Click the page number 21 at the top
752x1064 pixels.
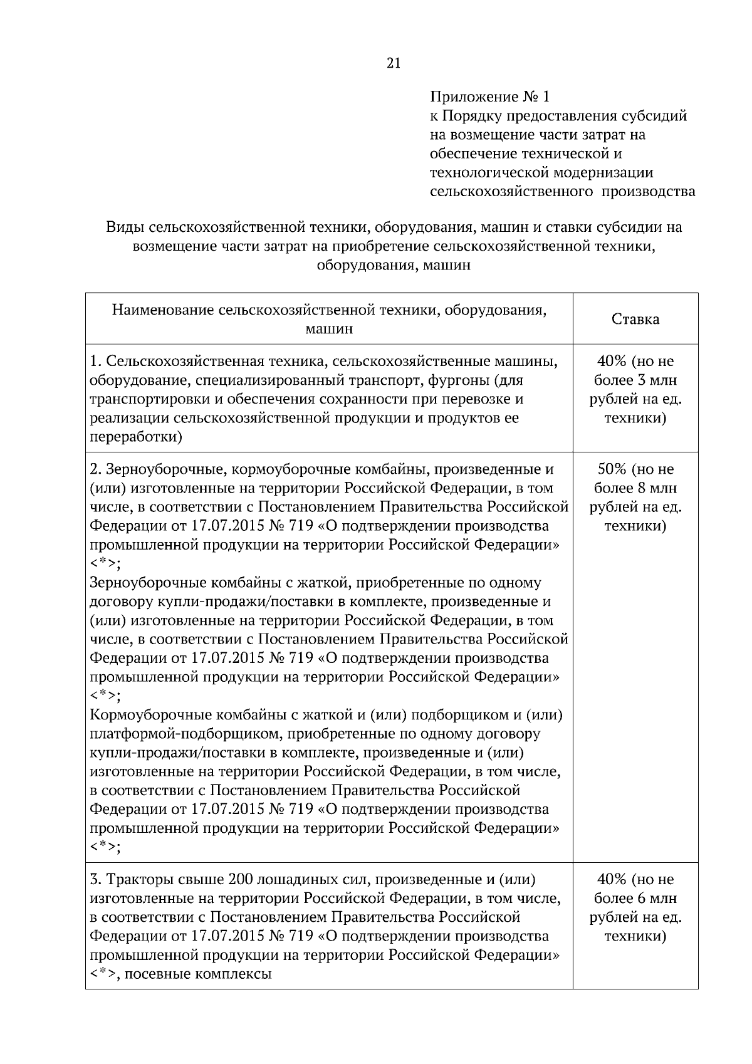point(394,63)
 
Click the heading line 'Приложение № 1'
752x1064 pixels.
point(489,97)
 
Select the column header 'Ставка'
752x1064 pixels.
point(635,319)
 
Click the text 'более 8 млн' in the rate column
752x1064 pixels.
point(635,488)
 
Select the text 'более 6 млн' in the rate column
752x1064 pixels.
point(635,899)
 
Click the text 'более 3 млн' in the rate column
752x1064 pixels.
point(635,380)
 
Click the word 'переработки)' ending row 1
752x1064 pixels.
point(136,437)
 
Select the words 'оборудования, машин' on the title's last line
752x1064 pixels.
point(393,265)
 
